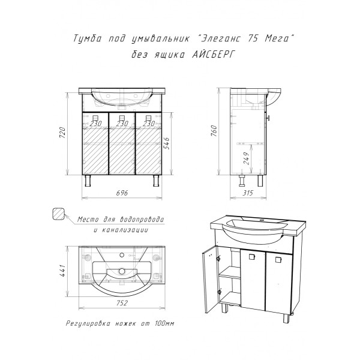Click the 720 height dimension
tap(62, 133)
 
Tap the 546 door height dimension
tap(167, 143)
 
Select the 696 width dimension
tap(122, 193)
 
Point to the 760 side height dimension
tap(214, 131)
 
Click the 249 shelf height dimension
tap(247, 158)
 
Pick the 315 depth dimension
tap(248, 193)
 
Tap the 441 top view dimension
tap(62, 271)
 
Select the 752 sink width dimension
tap(122, 303)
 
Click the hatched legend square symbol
tap(58, 214)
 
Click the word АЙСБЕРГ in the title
tap(213, 55)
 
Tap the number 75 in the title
tap(253, 38)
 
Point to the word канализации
tap(124, 230)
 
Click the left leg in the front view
tap(88, 181)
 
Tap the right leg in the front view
tap(157, 181)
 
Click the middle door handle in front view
tap(122, 118)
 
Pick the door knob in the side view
tap(268, 118)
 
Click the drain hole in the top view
tap(122, 271)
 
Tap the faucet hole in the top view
tap(122, 254)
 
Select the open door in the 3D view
tap(209, 280)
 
